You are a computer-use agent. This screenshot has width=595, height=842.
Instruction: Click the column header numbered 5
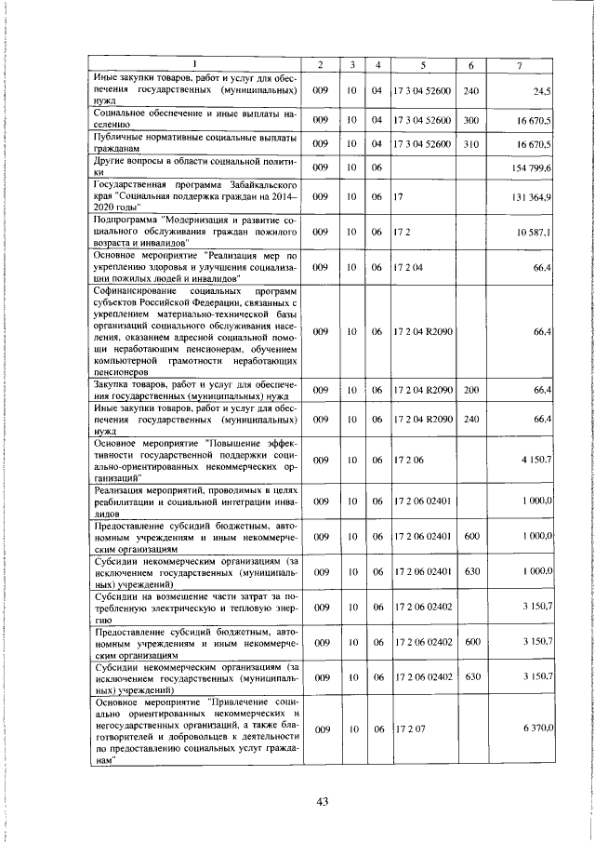423,65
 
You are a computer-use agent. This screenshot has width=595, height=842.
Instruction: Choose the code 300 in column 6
470,121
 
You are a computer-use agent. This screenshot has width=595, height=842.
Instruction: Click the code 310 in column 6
470,144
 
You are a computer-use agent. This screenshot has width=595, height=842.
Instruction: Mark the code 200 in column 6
470,391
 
